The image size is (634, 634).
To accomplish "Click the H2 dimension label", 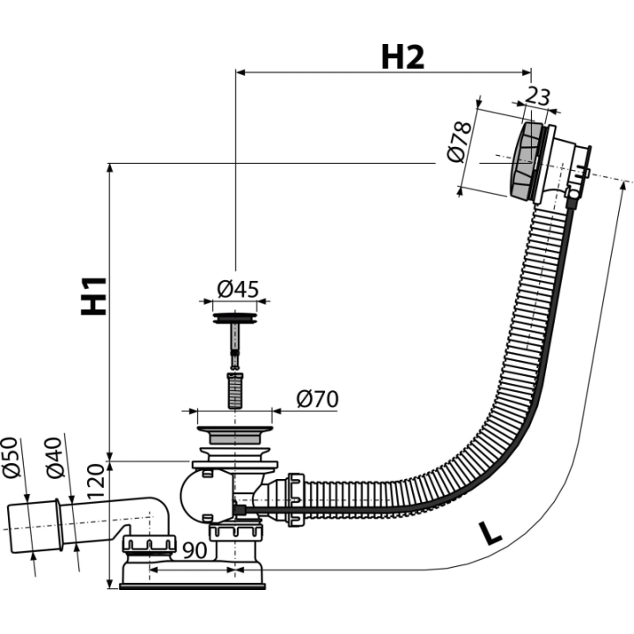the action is click(402, 57).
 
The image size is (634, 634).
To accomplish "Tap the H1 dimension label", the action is click(94, 296).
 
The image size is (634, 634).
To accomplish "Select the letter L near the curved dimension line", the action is click(490, 534).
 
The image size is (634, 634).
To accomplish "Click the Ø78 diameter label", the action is click(460, 142).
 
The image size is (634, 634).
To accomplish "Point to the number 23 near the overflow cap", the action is click(538, 96).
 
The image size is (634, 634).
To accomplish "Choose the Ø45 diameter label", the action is click(238, 289).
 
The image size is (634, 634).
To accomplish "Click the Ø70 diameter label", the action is click(317, 399).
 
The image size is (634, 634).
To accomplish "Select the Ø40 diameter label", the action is click(55, 457).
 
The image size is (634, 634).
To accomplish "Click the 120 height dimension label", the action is click(96, 481).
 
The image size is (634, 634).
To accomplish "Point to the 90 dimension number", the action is click(195, 549).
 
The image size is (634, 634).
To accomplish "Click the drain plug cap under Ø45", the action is click(234, 317).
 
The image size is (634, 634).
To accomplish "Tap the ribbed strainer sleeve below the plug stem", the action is click(235, 390).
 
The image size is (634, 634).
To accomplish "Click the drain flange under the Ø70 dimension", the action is click(234, 435).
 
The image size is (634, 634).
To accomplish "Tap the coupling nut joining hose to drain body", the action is click(294, 499).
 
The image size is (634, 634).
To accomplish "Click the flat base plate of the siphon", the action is click(193, 586).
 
